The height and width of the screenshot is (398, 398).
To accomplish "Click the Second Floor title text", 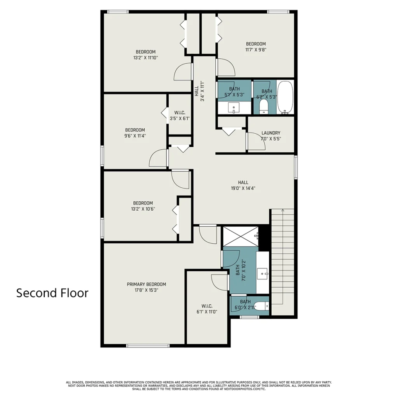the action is tap(52, 293).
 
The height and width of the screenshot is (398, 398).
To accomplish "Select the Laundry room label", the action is tap(271, 133).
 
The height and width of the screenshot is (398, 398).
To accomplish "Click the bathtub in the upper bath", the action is tap(285, 97).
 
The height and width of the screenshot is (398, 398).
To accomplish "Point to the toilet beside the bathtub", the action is tap(264, 106).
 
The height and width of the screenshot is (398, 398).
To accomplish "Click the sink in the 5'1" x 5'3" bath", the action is tap(234, 108).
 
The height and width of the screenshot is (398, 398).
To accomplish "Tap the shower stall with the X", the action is tap(241, 236).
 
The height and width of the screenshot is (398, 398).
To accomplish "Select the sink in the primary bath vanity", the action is tap(262, 274).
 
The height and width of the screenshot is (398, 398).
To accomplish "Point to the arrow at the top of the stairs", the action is tap(283, 210).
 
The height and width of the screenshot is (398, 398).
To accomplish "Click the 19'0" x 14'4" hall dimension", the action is tap(243, 189).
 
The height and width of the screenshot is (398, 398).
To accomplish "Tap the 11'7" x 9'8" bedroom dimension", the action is tap(256, 50).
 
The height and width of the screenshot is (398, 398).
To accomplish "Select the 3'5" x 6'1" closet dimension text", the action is tap(180, 118).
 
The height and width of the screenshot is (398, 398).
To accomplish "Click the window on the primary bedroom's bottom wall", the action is tap(148, 346).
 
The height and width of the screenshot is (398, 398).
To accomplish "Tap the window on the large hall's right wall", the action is tap(296, 167).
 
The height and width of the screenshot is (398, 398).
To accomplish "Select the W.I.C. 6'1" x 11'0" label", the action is tap(207, 309).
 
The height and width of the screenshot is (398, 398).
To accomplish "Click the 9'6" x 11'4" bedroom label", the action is tap(135, 133).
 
